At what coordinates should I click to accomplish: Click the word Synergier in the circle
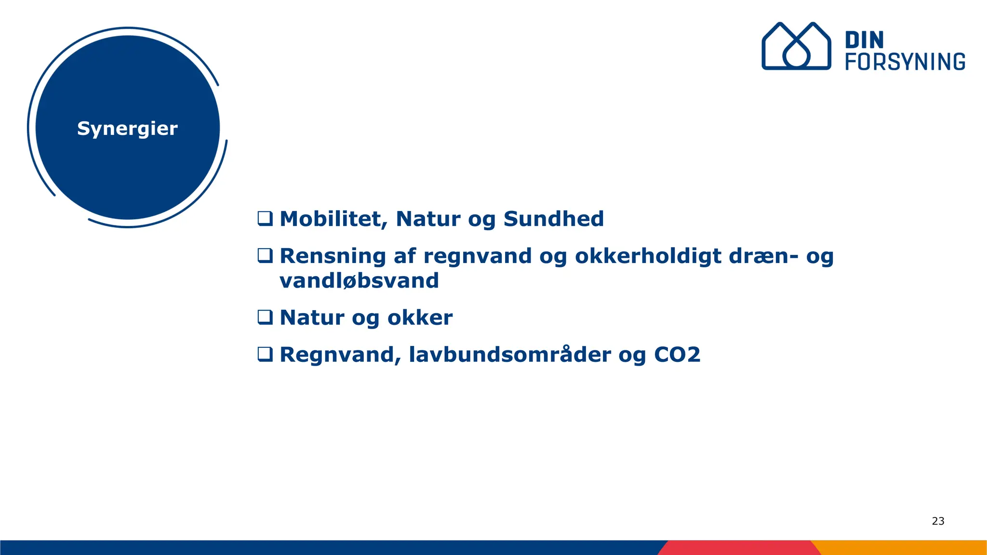coord(127,129)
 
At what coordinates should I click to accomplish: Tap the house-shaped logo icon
coord(796,46)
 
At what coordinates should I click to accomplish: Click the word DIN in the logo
coord(864,40)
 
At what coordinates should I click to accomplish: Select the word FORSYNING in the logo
coord(905,62)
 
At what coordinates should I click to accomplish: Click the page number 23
coord(938,521)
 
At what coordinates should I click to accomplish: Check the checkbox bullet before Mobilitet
coord(265,219)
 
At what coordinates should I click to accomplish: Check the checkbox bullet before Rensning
coord(265,256)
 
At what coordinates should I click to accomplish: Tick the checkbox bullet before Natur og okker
coord(265,317)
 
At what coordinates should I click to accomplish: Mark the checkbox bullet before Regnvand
coord(265,355)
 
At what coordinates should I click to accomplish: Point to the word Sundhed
coord(553,219)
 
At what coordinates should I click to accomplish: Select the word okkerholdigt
coord(648,256)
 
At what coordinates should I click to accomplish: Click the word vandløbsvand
coord(359,280)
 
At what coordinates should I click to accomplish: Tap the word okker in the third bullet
coord(420,317)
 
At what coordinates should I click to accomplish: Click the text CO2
coord(677,355)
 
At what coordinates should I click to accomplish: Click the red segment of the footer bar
coord(737,548)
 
